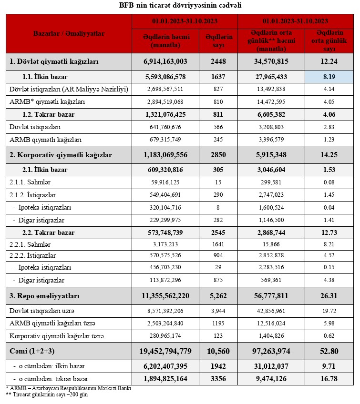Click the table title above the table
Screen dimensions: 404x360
pos(180,6)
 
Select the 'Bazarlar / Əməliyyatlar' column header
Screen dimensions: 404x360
pos(69,34)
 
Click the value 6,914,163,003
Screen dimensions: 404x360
pos(165,61)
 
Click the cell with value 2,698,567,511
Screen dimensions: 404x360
pos(165,89)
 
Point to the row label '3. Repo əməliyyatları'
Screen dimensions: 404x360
pos(45,296)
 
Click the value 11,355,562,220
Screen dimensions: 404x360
pos(165,296)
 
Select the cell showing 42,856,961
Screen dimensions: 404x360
pos(271,311)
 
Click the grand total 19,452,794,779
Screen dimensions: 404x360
pos(165,351)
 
